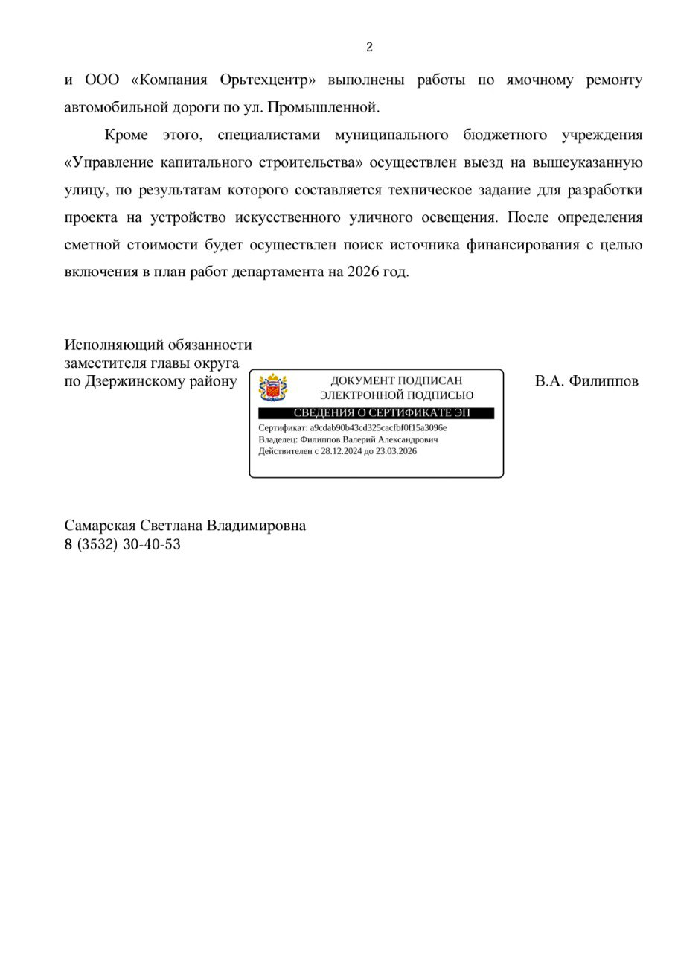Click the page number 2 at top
click(x=369, y=48)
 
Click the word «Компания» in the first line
click(x=172, y=80)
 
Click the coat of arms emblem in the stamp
click(x=272, y=388)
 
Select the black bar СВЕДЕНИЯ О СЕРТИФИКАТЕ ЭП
click(x=375, y=413)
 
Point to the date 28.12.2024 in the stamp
click(x=342, y=451)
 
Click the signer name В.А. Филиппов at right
click(x=586, y=382)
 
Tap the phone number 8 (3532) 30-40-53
click(x=123, y=544)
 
